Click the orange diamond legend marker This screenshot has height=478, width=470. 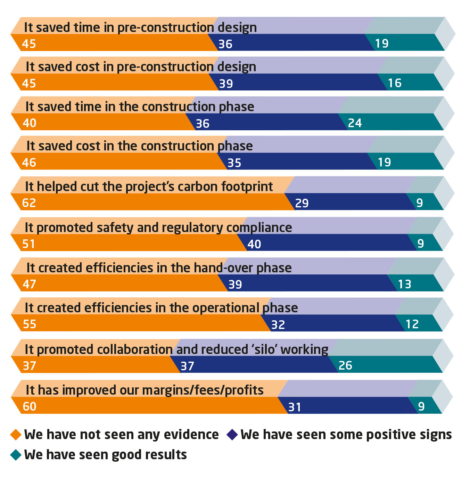point(16,435)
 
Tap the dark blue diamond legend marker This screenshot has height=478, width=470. point(232,435)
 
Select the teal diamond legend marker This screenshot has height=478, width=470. point(16,455)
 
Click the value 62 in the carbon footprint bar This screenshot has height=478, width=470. point(29,203)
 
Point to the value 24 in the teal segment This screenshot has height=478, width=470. point(355,123)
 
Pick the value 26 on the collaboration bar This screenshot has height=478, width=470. point(345,365)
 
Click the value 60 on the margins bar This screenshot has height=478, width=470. point(30,406)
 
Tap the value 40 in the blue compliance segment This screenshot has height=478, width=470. point(254,244)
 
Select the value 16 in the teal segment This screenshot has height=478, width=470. point(395,83)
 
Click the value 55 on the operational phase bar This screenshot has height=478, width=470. point(30,324)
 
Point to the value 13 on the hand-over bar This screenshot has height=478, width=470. point(405,284)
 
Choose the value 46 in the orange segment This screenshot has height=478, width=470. point(29,162)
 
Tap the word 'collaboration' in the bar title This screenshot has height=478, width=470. point(105,349)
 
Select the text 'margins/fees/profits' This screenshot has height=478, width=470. point(203,390)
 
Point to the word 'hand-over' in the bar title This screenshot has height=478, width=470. point(223,268)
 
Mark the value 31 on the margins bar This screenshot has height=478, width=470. point(295,407)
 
